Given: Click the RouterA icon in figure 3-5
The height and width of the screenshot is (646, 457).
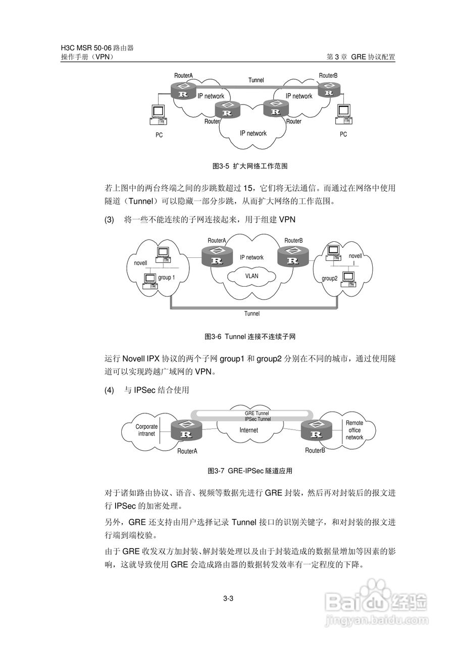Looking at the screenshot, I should [x=184, y=92].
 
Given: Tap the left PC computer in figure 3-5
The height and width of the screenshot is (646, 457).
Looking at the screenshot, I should [x=158, y=115].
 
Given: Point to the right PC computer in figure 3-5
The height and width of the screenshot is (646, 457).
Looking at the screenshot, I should [x=343, y=114].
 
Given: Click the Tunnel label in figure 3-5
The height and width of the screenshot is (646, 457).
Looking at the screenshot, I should [x=256, y=80].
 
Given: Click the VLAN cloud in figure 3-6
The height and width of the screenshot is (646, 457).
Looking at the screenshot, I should [x=251, y=277].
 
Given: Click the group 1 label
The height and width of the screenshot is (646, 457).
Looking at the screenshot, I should [x=167, y=278].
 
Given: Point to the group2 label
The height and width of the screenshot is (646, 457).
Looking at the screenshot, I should [x=330, y=278].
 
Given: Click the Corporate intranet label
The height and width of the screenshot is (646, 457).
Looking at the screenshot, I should [x=146, y=430].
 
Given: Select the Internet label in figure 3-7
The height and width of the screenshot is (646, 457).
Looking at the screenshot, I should [x=248, y=430].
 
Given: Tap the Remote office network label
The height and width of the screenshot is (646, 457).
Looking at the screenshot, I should [x=354, y=430].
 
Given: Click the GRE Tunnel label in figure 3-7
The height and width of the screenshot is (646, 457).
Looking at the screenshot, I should [x=257, y=413].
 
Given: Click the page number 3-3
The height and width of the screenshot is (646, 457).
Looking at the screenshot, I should [x=228, y=599].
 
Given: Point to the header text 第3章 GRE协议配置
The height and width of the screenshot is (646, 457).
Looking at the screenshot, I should [x=361, y=57].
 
